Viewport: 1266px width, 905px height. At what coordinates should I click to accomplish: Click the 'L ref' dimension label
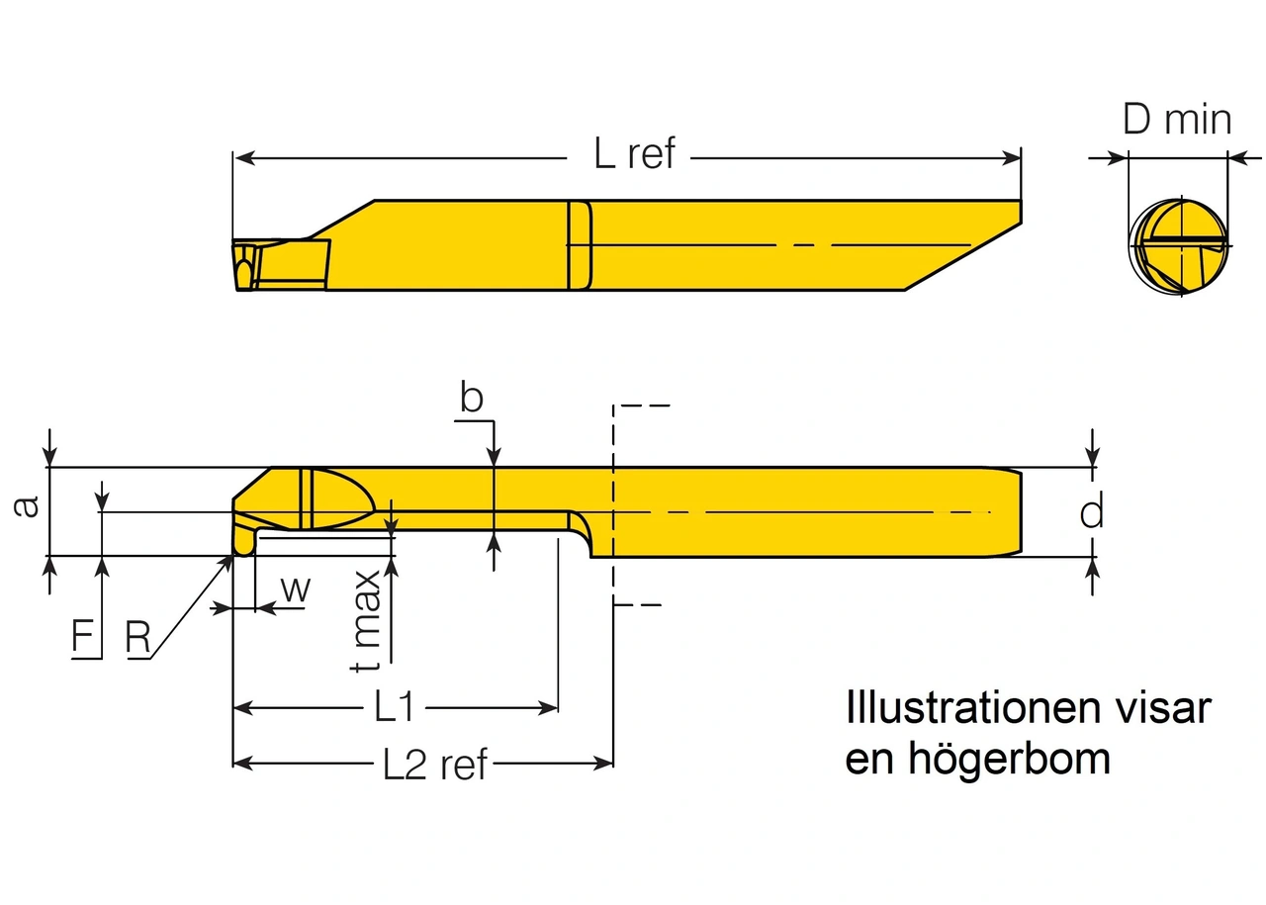tap(634, 154)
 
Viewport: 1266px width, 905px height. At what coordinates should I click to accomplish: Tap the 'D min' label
tap(1177, 120)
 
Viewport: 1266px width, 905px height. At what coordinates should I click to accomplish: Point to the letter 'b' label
tap(472, 398)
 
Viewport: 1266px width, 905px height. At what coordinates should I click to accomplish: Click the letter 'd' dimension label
tap(1091, 512)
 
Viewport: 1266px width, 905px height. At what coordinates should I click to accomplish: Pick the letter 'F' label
tap(86, 637)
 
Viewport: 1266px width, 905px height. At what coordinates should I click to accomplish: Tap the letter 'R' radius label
tap(137, 638)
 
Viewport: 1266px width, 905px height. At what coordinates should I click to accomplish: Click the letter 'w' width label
tap(295, 588)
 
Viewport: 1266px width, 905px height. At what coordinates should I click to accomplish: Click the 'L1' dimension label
tap(394, 707)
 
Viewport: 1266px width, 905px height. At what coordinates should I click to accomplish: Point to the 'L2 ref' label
tap(435, 764)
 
